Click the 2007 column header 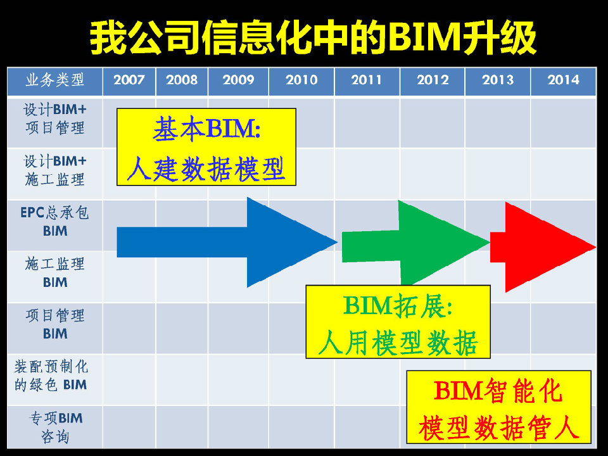[x=129, y=80]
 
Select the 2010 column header [x=301, y=80]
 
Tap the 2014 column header [x=563, y=80]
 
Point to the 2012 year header [x=433, y=80]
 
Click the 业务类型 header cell [x=54, y=80]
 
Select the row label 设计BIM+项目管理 [x=54, y=118]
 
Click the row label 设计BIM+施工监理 [x=54, y=170]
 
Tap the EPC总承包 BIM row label [x=54, y=222]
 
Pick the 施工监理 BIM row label [x=54, y=272]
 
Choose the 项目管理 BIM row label [x=54, y=324]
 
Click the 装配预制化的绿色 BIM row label [x=51, y=376]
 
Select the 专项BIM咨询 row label [x=55, y=427]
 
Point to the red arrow [x=543, y=247]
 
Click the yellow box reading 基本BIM [x=206, y=147]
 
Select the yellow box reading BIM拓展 [x=398, y=322]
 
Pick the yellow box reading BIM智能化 [x=498, y=407]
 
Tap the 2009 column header [x=238, y=80]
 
